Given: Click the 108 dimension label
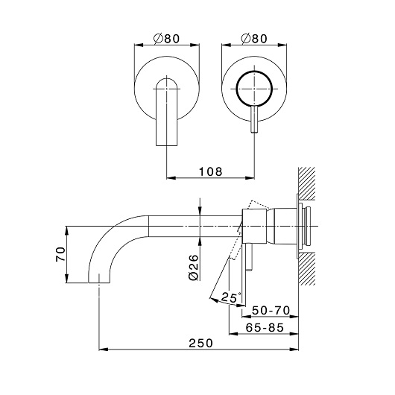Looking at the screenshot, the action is pyautogui.click(x=211, y=171).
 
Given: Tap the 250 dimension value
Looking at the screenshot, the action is pyautogui.click(x=200, y=343).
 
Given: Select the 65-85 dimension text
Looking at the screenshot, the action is pyautogui.click(x=265, y=327).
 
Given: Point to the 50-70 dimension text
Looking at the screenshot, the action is pyautogui.click(x=271, y=310).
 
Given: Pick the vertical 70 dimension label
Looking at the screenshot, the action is pyautogui.click(x=60, y=254).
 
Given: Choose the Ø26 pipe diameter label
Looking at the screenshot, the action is pyautogui.click(x=194, y=268).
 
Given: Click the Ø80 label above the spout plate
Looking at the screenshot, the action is pyautogui.click(x=166, y=39).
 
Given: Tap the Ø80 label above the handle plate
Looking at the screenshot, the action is pyautogui.click(x=254, y=39).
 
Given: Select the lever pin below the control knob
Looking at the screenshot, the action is pyautogui.click(x=254, y=119).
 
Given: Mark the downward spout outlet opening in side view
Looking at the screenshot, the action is pyautogui.click(x=99, y=282).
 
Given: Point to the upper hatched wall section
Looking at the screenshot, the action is pyautogui.click(x=306, y=183).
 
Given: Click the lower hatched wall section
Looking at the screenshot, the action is pyautogui.click(x=306, y=268).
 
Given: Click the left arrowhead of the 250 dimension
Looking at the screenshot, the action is pyautogui.click(x=104, y=350).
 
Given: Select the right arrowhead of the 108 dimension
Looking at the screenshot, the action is pyautogui.click(x=250, y=178).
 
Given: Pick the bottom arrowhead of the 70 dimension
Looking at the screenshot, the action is pyautogui.click(x=66, y=278).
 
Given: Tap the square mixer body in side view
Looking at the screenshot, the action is pyautogui.click(x=254, y=227).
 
